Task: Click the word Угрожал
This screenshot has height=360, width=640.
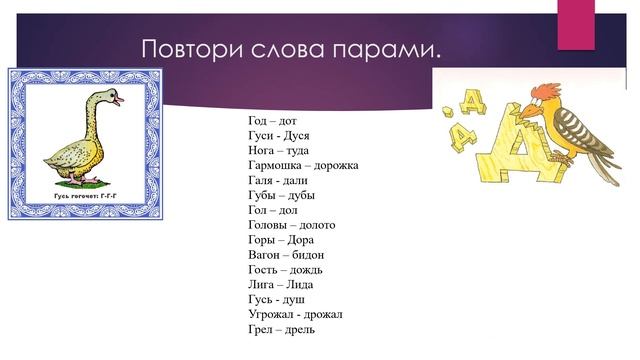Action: pyautogui.click(x=273, y=314)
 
